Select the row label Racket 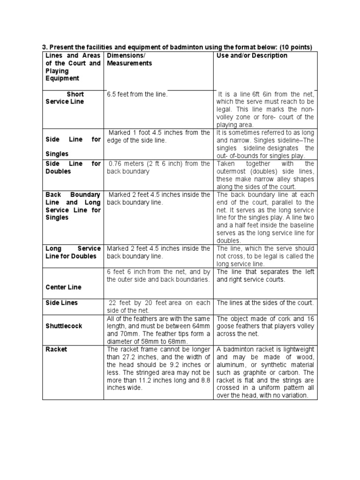coord(56,350)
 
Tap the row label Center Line coord(63,287)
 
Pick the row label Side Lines coord(61,303)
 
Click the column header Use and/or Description coord(252,56)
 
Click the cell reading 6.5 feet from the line coord(137,94)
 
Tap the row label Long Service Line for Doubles coord(73,252)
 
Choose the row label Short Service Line coord(65,98)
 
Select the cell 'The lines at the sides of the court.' coord(265,303)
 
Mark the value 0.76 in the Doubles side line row coord(116,164)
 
